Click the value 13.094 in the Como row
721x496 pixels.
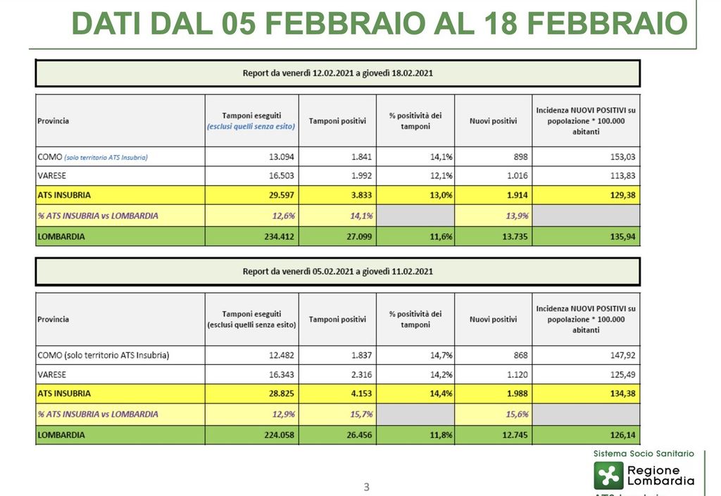pyautogui.click(x=279, y=157)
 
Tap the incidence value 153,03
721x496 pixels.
pyautogui.click(x=620, y=157)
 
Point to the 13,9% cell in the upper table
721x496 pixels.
pyautogui.click(x=518, y=216)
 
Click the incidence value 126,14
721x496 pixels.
pyautogui.click(x=620, y=435)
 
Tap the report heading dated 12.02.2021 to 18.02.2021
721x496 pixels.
pyautogui.click(x=337, y=73)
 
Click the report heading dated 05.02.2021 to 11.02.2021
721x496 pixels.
pyautogui.click(x=337, y=271)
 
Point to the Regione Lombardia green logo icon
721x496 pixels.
pyautogui.click(x=608, y=475)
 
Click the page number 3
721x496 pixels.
pyautogui.click(x=366, y=487)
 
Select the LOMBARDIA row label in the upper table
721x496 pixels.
pyautogui.click(x=61, y=237)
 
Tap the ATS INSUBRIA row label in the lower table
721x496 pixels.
pyautogui.click(x=64, y=394)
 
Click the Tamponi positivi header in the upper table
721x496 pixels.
pyautogui.click(x=337, y=121)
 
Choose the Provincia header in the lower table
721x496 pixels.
pyautogui.click(x=54, y=320)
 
